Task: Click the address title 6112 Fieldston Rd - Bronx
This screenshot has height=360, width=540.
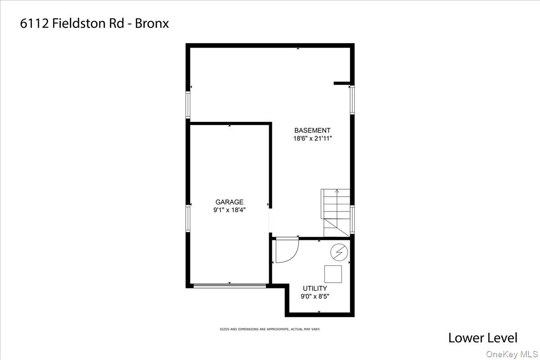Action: (94, 23)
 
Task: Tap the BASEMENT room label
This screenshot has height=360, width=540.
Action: (313, 130)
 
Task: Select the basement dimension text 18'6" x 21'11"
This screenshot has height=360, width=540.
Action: (313, 139)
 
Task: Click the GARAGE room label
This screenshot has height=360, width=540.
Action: (229, 202)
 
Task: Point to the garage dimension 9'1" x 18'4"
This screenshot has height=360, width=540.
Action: (229, 210)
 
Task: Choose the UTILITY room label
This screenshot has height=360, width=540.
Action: (315, 288)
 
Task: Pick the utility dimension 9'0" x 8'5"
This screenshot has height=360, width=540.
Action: (315, 296)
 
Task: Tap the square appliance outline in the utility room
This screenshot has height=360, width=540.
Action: (333, 274)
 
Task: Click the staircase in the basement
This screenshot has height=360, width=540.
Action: (336, 212)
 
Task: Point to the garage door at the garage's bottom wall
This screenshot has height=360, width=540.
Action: (229, 285)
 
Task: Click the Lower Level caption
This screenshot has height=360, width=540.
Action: (483, 337)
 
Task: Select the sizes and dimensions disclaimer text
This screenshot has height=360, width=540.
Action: (270, 329)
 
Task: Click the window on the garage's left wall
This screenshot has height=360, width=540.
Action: (189, 219)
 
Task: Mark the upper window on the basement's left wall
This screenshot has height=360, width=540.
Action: (189, 105)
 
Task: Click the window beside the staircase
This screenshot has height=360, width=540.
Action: (352, 220)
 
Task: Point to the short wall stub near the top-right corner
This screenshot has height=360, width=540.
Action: (342, 83)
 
